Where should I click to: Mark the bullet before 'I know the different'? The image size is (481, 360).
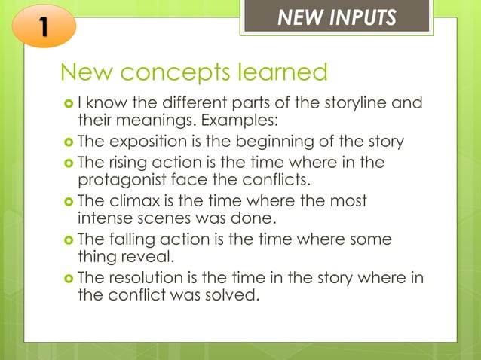pos(68,103)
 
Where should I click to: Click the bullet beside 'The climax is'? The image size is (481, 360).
pos(68,202)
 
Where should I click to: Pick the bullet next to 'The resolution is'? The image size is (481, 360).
pos(68,279)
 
